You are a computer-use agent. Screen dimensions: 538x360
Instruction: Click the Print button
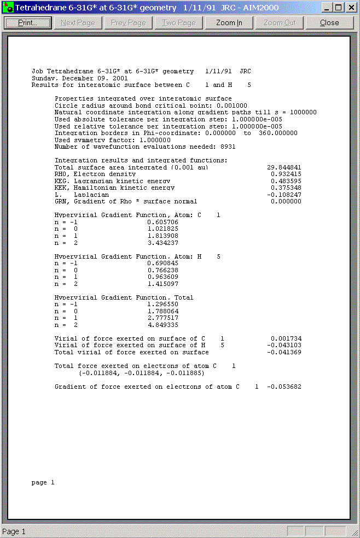(27, 23)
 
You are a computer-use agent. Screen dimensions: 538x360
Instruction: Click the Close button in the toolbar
(329, 23)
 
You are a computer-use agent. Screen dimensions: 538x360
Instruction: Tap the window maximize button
(338, 8)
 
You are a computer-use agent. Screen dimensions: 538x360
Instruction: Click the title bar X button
(350, 8)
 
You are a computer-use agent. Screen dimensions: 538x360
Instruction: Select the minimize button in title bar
(327, 8)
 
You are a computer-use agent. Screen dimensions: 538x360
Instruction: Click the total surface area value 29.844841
(284, 167)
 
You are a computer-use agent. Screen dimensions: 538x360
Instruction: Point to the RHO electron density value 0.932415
(286, 174)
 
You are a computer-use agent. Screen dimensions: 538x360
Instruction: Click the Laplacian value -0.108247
(284, 195)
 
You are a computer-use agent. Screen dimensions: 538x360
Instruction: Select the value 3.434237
(162, 243)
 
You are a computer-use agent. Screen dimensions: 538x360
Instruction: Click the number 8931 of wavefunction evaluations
(228, 147)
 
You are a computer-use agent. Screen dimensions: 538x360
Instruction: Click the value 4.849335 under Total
(162, 325)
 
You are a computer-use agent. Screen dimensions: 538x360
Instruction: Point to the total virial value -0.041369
(284, 352)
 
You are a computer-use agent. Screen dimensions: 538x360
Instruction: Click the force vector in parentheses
(142, 373)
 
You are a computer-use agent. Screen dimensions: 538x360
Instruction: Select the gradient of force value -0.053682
(284, 387)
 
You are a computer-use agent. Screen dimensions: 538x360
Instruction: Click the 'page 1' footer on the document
(43, 482)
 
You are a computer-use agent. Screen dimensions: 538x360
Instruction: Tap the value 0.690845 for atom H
(162, 263)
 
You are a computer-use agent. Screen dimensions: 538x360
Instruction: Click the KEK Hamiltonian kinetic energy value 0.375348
(286, 188)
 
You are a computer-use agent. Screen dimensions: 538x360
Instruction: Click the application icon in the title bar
(8, 8)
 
